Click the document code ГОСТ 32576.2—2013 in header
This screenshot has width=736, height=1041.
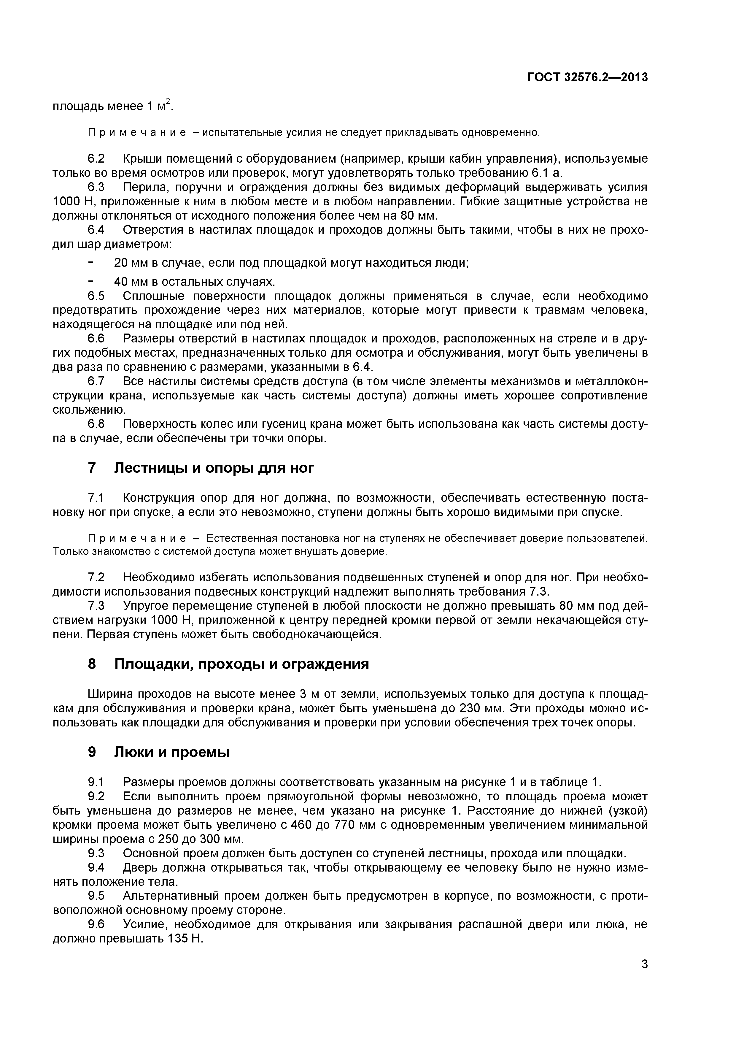[x=587, y=77]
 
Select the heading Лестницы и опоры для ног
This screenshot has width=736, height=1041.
[x=214, y=467]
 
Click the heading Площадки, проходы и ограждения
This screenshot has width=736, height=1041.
[x=241, y=664]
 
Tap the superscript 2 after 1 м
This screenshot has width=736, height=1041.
[x=168, y=101]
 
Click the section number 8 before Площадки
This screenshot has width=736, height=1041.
[x=92, y=664]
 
